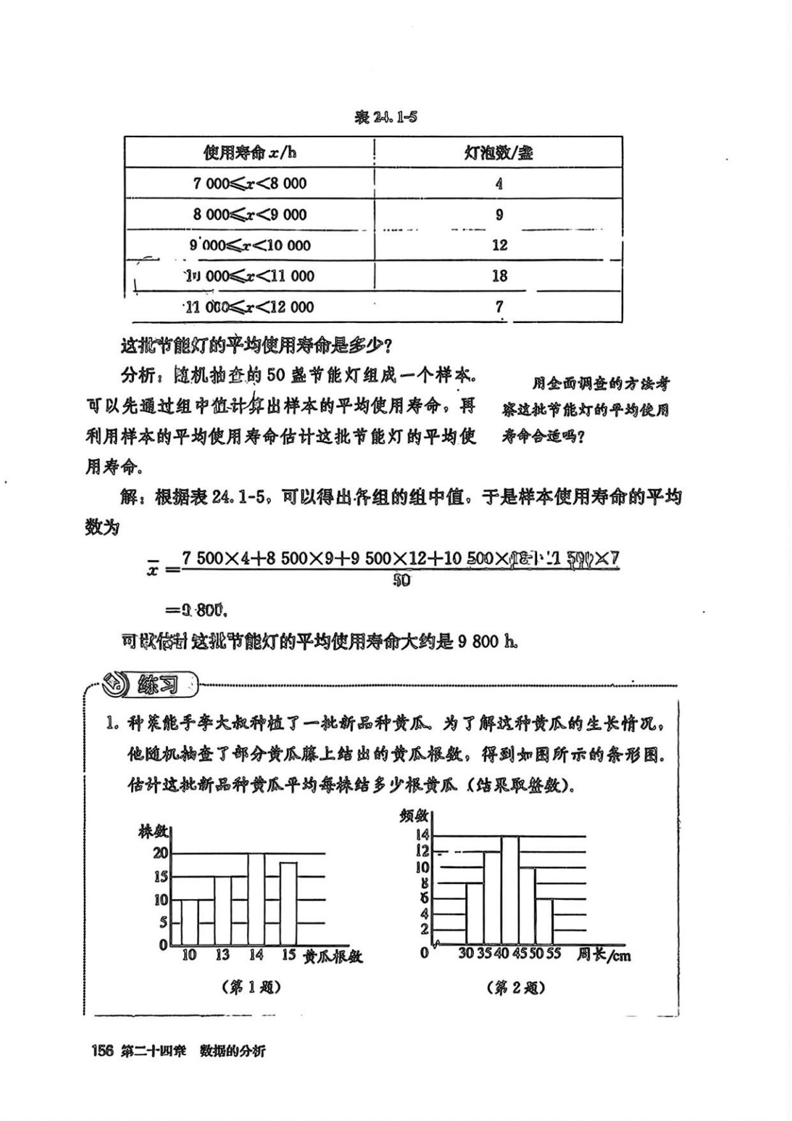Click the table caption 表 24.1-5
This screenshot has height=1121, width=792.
coord(386,118)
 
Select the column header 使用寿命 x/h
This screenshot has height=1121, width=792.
coord(250,153)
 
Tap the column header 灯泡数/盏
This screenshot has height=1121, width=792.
coord(498,153)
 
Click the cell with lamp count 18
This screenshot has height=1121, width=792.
coord(499,276)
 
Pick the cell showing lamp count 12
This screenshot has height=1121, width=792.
coord(499,245)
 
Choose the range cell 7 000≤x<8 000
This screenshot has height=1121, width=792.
coord(250,184)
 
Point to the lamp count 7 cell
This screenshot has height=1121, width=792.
coord(499,306)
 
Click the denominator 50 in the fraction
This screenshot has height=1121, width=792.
coord(401,581)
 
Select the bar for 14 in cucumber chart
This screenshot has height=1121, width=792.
coord(256,899)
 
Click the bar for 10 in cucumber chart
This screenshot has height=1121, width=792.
coord(190,922)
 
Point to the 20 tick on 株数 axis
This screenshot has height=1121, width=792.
coord(160,853)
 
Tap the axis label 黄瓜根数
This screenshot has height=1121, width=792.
coord(333,956)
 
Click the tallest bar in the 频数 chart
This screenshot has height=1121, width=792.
coord(510,890)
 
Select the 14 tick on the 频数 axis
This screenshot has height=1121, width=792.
coord(422,835)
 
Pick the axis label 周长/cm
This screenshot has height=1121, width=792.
coord(604,955)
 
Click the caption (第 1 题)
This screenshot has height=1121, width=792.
coord(251,988)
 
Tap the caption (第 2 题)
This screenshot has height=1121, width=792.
coord(516,988)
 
